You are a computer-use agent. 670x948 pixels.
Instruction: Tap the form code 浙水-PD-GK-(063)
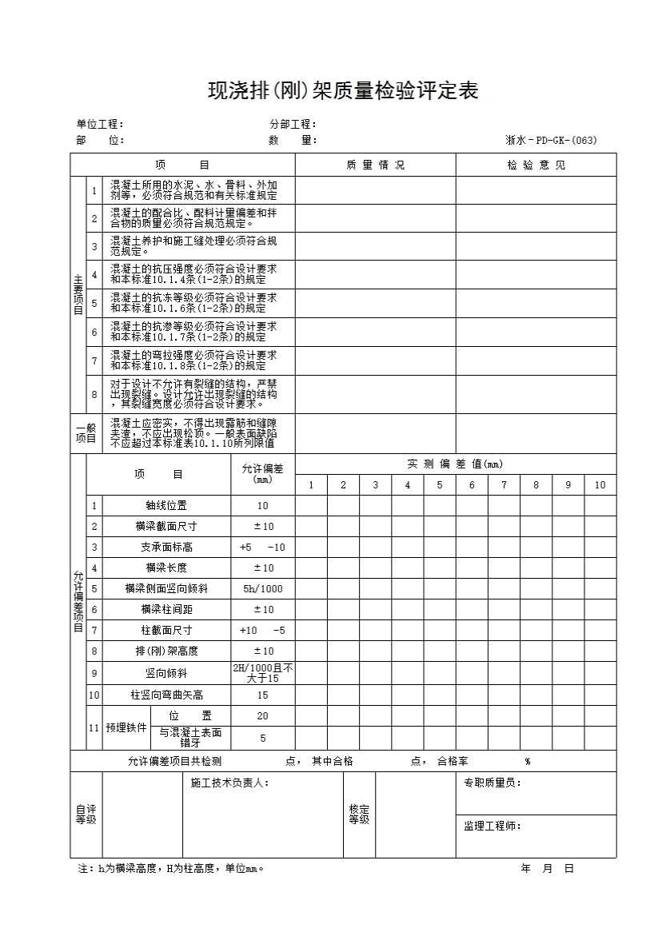pyautogui.click(x=551, y=141)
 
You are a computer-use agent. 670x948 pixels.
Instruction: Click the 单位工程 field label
pyautogui.click(x=99, y=124)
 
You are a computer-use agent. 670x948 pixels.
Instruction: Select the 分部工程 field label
pyautogui.click(x=293, y=124)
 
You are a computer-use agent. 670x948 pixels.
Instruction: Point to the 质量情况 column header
pyautogui.click(x=375, y=165)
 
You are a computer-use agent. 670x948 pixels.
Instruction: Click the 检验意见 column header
pyautogui.click(x=536, y=165)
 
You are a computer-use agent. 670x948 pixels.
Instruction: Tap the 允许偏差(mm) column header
pyautogui.click(x=263, y=473)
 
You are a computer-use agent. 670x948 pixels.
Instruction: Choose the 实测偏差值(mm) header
pyautogui.click(x=455, y=464)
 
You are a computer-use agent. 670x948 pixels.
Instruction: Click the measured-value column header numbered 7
pyautogui.click(x=504, y=485)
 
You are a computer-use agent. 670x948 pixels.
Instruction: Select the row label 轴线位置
pyautogui.click(x=166, y=506)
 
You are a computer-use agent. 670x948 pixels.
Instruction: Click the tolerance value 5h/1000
pyautogui.click(x=263, y=589)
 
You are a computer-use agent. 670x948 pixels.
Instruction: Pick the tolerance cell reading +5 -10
pyautogui.click(x=263, y=548)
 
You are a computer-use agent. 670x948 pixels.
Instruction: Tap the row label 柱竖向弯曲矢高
pyautogui.click(x=166, y=695)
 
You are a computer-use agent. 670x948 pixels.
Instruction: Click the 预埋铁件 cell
pyautogui.click(x=126, y=728)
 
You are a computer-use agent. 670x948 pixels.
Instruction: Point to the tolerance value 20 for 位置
pyautogui.click(x=263, y=716)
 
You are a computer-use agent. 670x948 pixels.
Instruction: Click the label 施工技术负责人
pyautogui.click(x=229, y=783)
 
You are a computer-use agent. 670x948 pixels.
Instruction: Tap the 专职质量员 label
pyautogui.click(x=492, y=783)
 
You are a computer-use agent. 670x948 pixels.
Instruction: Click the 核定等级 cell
pyautogui.click(x=359, y=815)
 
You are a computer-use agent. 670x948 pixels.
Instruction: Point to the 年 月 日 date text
pyautogui.click(x=547, y=869)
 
